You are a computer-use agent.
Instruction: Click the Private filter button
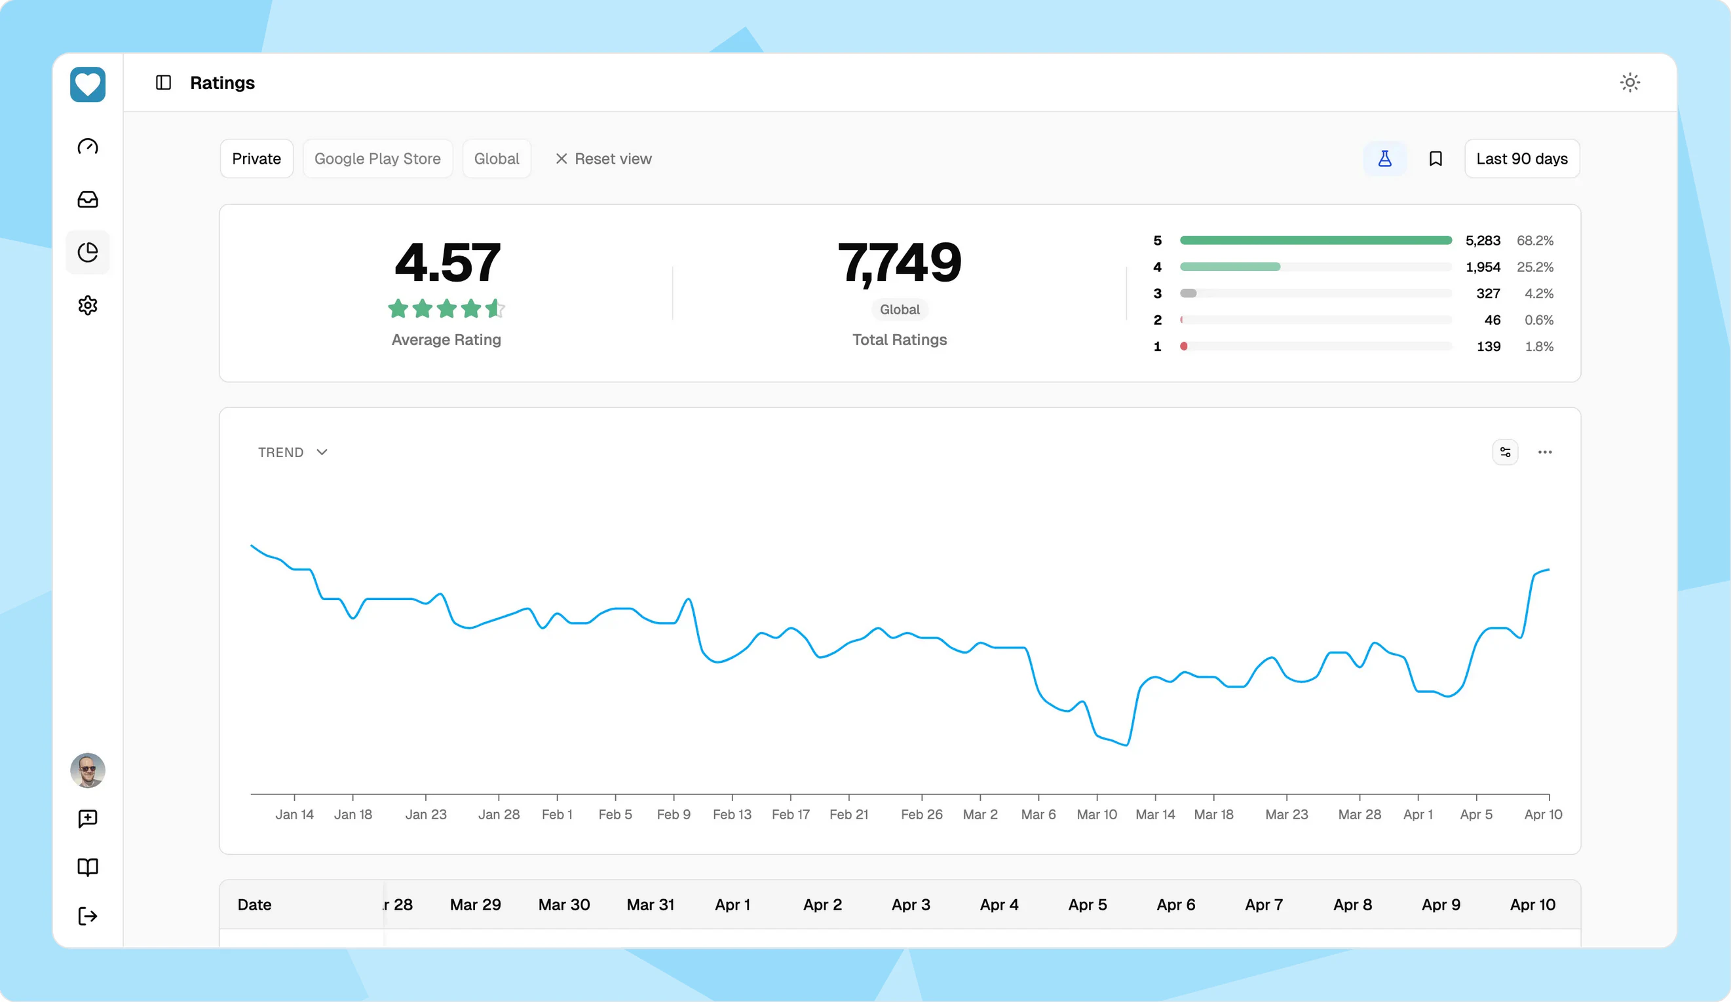tap(256, 158)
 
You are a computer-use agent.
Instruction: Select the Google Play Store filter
tap(377, 158)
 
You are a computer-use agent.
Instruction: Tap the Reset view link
tap(603, 158)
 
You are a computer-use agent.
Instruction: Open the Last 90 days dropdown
tap(1521, 158)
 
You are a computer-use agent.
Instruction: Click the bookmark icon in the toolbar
tap(1435, 158)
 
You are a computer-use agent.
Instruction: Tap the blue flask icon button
tap(1384, 158)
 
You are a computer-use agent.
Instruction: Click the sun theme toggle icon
tap(1629, 83)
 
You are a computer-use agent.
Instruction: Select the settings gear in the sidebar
tap(88, 305)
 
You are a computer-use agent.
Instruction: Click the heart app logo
tap(88, 84)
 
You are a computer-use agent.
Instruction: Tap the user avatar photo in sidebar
tap(88, 770)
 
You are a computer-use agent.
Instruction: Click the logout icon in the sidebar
tap(88, 916)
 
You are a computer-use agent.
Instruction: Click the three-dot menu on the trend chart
tap(1545, 452)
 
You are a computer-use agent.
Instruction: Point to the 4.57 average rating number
tap(447, 263)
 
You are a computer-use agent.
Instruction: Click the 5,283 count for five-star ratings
tap(1482, 240)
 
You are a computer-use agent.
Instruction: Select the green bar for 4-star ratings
tap(1230, 267)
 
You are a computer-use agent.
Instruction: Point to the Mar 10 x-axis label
tap(1096, 815)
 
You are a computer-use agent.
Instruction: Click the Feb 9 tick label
tap(673, 815)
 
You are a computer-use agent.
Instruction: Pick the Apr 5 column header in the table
tap(1088, 904)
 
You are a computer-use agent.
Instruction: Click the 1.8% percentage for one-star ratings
tap(1538, 346)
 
